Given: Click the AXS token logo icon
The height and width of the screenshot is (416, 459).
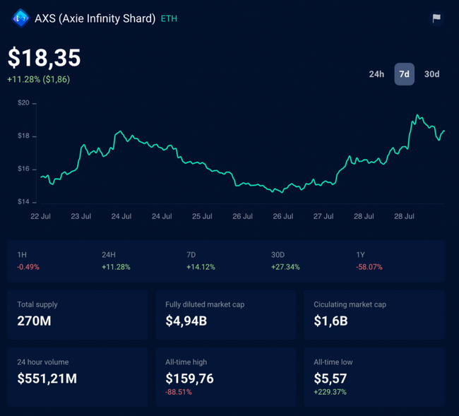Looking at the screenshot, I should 20,18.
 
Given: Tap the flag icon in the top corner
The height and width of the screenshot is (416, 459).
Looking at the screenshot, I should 436,18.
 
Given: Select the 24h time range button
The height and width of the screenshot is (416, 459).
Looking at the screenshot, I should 376,74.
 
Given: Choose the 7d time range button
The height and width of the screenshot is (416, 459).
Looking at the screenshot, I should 404,74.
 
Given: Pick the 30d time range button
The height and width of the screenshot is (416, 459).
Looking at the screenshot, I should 431,74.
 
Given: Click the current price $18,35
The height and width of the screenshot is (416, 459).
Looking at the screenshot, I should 44,58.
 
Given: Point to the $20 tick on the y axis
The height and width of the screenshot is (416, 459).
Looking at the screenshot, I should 23,103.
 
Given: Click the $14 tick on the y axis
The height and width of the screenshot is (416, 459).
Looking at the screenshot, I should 23,202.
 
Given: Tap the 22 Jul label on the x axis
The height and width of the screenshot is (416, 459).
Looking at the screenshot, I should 40,217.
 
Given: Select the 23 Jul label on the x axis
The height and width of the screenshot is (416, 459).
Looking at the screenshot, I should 81,217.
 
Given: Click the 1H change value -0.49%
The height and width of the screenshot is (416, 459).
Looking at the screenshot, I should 28,267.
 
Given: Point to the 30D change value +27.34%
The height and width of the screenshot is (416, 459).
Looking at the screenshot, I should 285,267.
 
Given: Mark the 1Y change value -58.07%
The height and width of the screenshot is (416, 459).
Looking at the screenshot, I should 369,267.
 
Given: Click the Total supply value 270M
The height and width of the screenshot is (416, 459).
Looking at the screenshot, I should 35,321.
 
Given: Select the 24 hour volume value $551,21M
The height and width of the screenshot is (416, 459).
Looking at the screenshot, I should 47,379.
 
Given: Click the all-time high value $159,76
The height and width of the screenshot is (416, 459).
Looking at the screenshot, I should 189,379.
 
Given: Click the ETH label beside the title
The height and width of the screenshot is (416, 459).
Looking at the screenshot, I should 169,18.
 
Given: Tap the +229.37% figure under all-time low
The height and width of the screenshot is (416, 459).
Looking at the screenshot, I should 330,392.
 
